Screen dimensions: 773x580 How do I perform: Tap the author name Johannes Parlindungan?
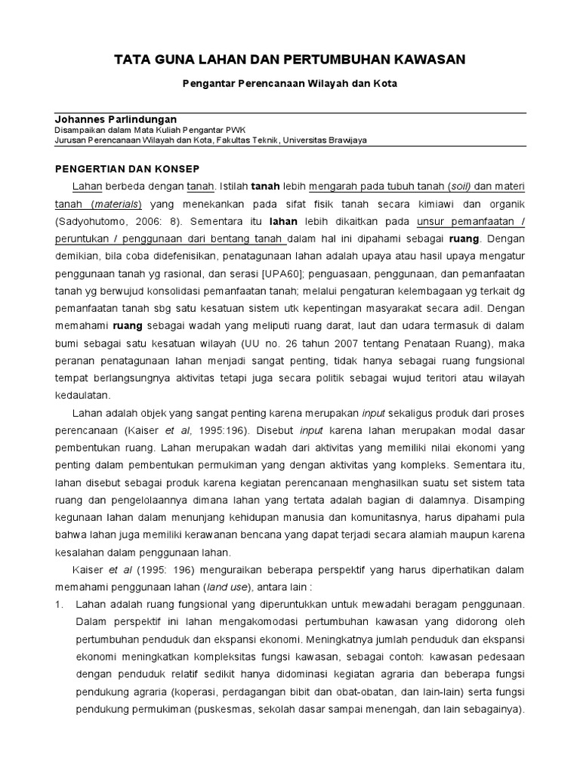pos(116,119)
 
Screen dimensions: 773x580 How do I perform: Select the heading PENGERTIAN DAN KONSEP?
pos(127,168)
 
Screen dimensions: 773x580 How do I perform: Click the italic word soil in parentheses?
pos(460,186)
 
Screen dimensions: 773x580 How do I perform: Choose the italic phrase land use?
pos(226,588)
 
